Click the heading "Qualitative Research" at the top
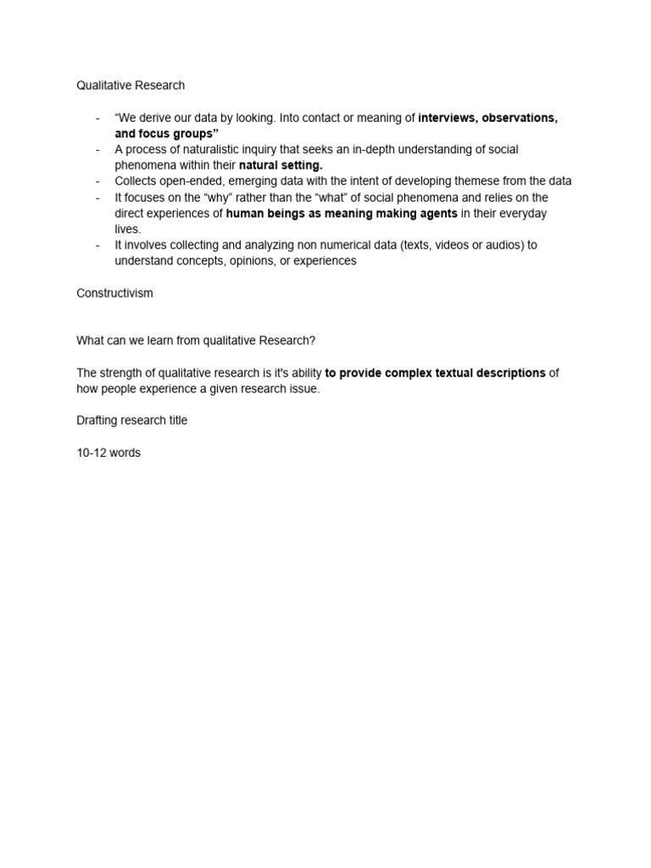pyautogui.click(x=131, y=86)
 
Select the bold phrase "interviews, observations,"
pyautogui.click(x=487, y=118)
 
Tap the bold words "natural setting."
pyautogui.click(x=281, y=165)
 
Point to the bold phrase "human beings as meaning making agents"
pyautogui.click(x=342, y=214)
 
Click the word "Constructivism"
pyautogui.click(x=115, y=292)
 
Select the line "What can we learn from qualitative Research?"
pyautogui.click(x=196, y=341)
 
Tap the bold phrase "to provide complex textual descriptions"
pyautogui.click(x=435, y=373)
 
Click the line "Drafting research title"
pyautogui.click(x=132, y=420)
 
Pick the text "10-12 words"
pyautogui.click(x=108, y=453)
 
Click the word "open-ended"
pyautogui.click(x=191, y=181)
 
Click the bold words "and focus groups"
pyautogui.click(x=164, y=134)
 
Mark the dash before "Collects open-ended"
pyautogui.click(x=98, y=181)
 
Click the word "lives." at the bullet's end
pyautogui.click(x=128, y=229)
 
